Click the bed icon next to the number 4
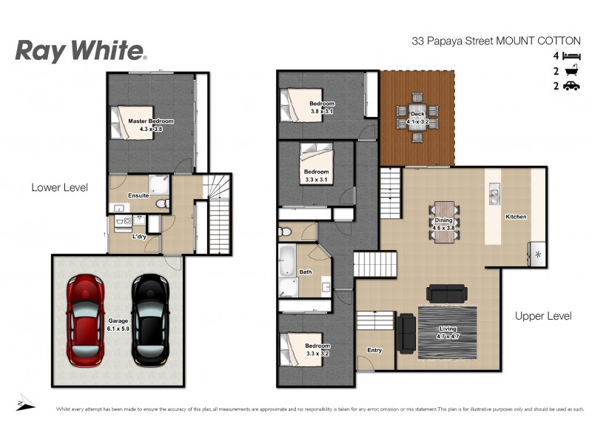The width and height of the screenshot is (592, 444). click(x=571, y=56)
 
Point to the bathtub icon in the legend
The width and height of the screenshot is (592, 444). click(x=571, y=71)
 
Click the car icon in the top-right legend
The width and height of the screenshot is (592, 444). click(x=571, y=87)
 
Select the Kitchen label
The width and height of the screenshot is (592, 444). click(x=515, y=217)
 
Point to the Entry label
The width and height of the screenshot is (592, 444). click(x=374, y=350)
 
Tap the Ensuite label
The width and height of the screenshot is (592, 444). click(x=138, y=195)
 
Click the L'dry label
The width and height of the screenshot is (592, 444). click(x=138, y=237)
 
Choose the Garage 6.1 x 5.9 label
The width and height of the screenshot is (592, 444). click(x=118, y=325)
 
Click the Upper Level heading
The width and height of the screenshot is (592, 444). click(x=543, y=316)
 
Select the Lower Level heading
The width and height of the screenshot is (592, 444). click(x=59, y=187)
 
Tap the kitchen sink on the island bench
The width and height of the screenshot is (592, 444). click(x=494, y=196)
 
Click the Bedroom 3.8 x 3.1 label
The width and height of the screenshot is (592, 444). click(x=321, y=107)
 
